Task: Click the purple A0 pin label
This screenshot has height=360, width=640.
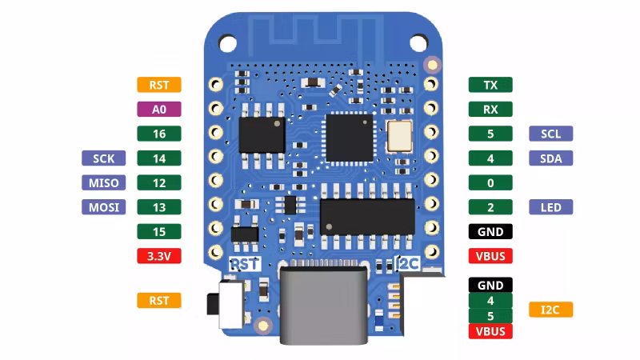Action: (158, 110)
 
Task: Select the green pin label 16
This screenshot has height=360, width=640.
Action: (158, 134)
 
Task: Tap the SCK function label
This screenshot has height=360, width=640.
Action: (104, 158)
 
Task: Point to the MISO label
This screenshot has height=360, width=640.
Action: (104, 183)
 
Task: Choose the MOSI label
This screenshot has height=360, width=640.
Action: (104, 207)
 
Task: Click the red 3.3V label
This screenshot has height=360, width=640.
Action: (158, 256)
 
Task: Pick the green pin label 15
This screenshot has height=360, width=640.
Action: (158, 232)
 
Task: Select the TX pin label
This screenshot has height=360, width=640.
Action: (490, 85)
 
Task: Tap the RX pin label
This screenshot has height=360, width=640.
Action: (490, 110)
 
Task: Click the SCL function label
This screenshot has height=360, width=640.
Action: (550, 134)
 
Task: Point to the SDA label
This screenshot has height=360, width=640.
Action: (550, 158)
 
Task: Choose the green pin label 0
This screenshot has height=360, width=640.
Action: (490, 183)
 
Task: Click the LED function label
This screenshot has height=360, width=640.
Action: (550, 207)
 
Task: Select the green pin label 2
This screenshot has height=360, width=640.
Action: (490, 207)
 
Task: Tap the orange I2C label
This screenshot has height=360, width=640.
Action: (550, 310)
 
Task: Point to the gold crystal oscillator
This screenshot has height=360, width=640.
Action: (399, 136)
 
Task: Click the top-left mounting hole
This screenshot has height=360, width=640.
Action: (227, 43)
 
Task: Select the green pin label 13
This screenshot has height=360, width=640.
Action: (158, 207)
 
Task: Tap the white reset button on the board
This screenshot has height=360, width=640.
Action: (231, 304)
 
